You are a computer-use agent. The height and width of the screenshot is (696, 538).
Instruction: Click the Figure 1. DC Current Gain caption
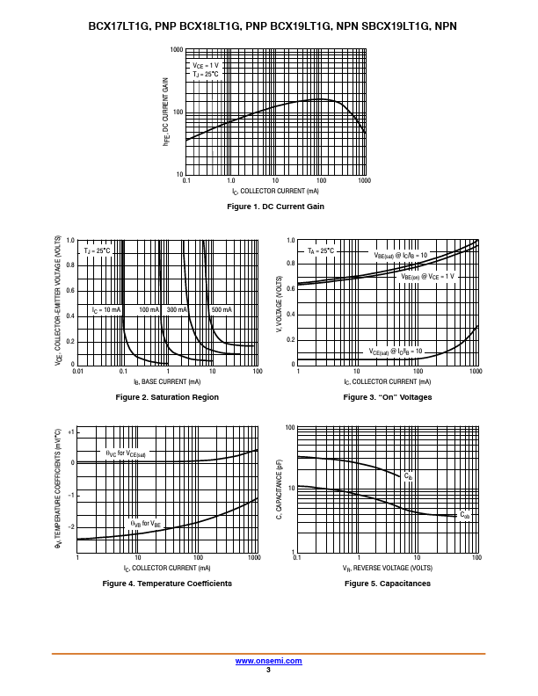pos(275,207)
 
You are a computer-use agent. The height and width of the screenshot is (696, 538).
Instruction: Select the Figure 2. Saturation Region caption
pos(167,397)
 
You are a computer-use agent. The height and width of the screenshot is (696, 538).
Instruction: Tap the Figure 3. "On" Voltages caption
pos(388,397)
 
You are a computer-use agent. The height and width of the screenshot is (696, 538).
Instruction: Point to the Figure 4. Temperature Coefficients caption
pos(167,584)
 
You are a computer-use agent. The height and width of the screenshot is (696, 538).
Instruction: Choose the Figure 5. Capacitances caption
pos(388,584)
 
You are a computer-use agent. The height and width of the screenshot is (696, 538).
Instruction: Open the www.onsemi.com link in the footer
pos(269,661)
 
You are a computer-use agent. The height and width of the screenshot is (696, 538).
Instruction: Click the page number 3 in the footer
pos(268,670)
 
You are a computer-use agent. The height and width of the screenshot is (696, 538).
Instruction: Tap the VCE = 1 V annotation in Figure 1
pos(207,66)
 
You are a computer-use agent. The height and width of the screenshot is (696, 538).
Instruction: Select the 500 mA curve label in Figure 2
pos(222,310)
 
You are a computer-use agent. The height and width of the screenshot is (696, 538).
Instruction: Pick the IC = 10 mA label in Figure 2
pos(106,310)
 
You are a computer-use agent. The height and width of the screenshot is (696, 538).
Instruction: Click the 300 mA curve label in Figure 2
pos(178,310)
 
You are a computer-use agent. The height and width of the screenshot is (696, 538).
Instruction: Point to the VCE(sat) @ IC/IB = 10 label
pos(396,352)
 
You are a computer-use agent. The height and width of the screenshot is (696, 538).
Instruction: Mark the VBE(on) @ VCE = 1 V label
pos(428,276)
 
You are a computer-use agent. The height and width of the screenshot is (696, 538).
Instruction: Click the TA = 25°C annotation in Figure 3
pos(321,251)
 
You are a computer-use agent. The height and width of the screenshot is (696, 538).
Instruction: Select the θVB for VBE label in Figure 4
pos(145,524)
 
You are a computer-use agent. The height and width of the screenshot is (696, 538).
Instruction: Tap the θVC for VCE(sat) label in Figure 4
pos(126,454)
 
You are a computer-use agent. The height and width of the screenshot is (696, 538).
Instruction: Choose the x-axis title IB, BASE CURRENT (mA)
pos(167,381)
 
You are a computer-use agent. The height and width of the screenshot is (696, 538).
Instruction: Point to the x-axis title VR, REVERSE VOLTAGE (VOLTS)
pos(388,568)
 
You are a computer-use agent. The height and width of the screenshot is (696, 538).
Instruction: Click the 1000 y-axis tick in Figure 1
pos(177,51)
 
